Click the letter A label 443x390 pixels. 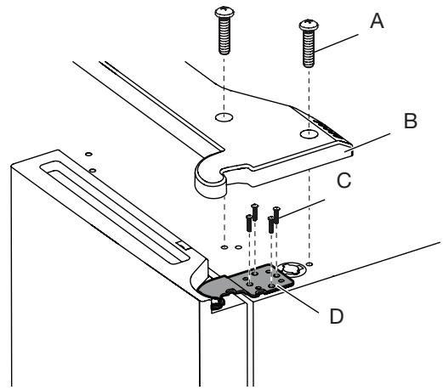coord(377,21)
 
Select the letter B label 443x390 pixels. coord(410,121)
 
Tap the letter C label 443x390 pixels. coord(344,180)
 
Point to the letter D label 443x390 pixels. coord(337,316)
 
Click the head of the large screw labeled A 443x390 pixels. coord(309,25)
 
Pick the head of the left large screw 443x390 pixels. coord(224,12)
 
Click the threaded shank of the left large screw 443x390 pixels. coord(224,36)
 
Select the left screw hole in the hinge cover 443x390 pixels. coord(224,116)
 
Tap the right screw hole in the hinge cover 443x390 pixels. coord(309,133)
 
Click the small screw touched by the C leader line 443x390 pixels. coord(276,215)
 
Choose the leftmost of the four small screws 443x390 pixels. coord(249,223)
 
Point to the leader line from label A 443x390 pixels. coord(337,43)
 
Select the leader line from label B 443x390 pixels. coord(368,141)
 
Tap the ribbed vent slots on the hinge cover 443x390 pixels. coord(330,130)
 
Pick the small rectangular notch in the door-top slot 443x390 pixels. coord(183,246)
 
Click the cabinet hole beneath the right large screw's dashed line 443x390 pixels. coord(310,264)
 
